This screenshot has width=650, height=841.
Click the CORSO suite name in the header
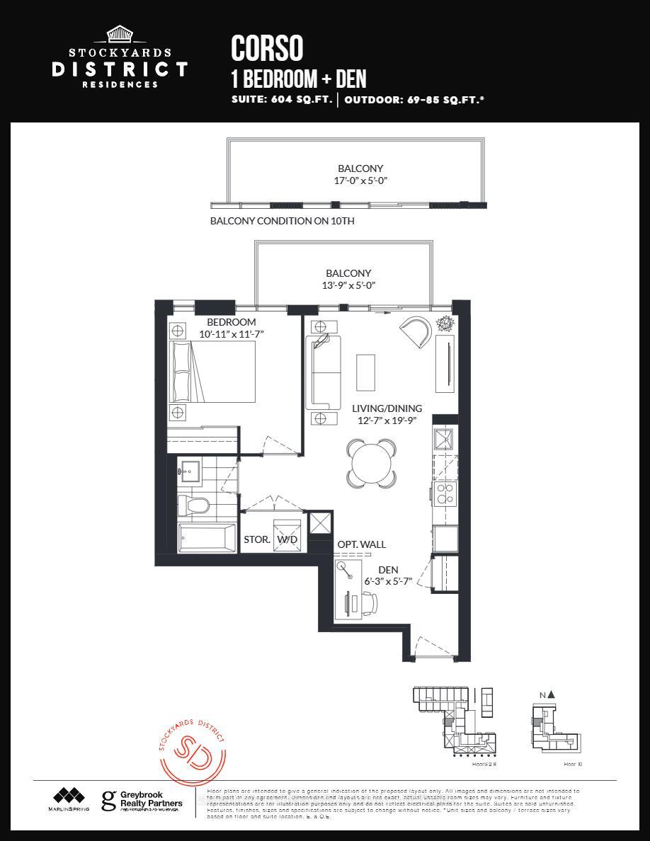tap(267, 48)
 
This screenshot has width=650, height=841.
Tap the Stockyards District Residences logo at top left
tap(119, 58)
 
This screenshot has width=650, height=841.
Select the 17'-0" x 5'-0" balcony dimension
tap(360, 181)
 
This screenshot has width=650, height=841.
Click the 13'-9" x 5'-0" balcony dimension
tap(348, 285)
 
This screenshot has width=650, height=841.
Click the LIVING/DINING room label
tap(387, 408)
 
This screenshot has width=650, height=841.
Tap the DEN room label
tap(388, 570)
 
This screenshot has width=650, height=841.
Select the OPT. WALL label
tap(361, 544)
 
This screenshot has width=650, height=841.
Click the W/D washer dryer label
tap(287, 539)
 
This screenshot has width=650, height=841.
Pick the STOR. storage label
tap(256, 539)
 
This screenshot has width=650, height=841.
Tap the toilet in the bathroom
tap(193, 505)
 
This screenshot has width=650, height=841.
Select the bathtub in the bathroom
tap(207, 539)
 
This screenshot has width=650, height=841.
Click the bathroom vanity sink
tap(189, 469)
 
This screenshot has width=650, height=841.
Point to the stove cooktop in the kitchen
tap(447, 493)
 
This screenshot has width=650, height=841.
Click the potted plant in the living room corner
tap(446, 324)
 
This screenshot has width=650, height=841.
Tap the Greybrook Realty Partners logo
tap(142, 801)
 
